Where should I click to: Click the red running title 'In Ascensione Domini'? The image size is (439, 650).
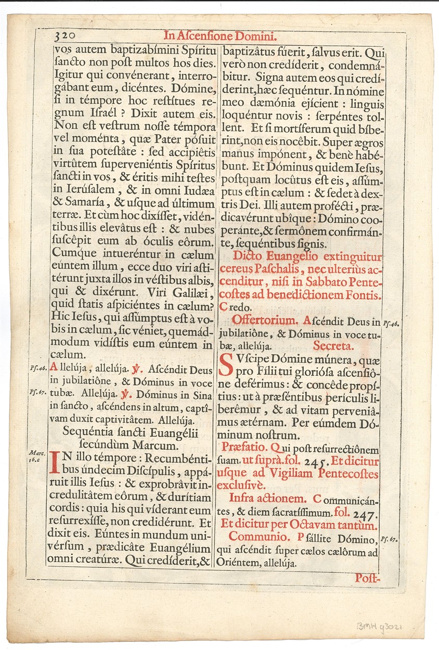pyautogui.click(x=220, y=36)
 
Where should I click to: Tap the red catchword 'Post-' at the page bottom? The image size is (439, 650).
pyautogui.click(x=369, y=577)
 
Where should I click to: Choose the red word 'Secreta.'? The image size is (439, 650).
pyautogui.click(x=333, y=345)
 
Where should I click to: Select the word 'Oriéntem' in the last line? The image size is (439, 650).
pyautogui.click(x=241, y=563)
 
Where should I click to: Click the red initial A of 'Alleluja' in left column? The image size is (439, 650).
pyautogui.click(x=53, y=371)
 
